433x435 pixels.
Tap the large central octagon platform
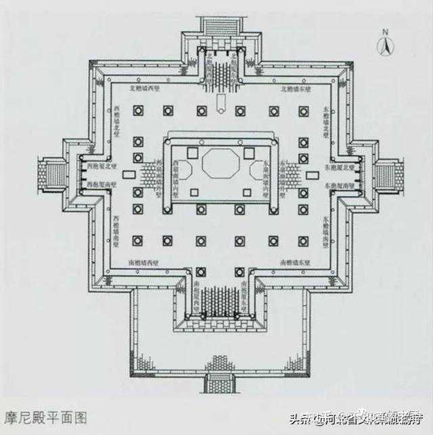[x=217, y=163]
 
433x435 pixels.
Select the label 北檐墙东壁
[x=296, y=89]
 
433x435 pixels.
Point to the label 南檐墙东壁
[x=296, y=261]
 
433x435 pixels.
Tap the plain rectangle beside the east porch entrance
[x=312, y=175]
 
